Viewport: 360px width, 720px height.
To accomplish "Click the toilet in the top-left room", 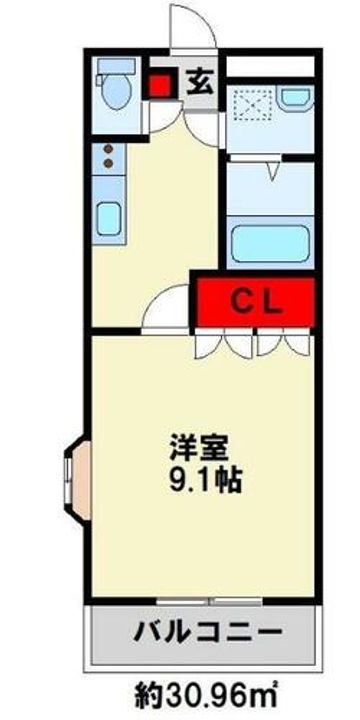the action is coord(115,84).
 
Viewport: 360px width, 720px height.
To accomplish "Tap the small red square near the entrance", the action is coord(161,84).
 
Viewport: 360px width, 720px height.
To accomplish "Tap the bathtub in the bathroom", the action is coord(270,244).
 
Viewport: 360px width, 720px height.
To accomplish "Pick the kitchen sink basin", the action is coord(109,219).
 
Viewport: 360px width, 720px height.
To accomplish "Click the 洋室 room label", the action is coord(199,449).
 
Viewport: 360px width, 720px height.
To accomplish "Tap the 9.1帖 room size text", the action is coord(205,480).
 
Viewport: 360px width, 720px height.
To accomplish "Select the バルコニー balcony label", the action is coord(207,633).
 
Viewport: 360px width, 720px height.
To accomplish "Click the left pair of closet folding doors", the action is coord(224,343).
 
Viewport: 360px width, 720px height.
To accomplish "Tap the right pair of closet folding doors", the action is coord(283,343).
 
